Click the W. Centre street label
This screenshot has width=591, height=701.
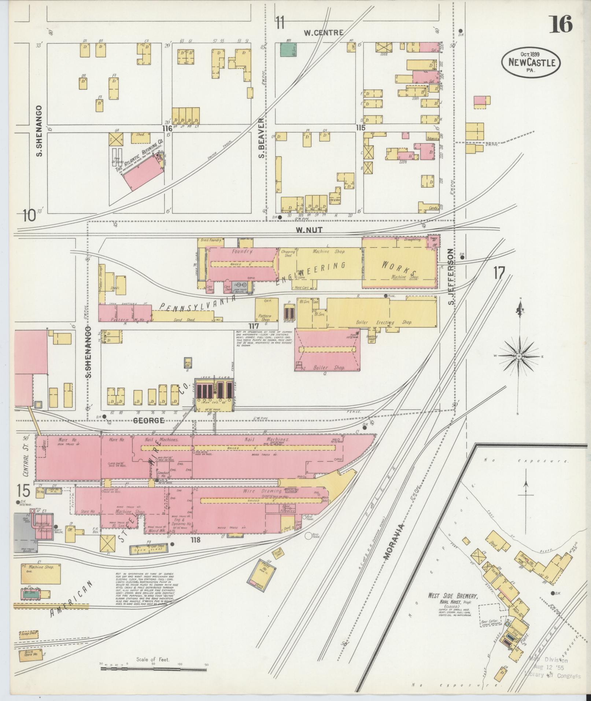(x=324, y=33)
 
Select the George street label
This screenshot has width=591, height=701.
(x=148, y=421)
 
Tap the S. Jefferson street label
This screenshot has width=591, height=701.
(x=451, y=277)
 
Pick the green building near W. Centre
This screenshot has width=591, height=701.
(x=288, y=49)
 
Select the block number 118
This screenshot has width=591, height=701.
(x=195, y=539)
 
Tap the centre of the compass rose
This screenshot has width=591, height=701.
(x=519, y=356)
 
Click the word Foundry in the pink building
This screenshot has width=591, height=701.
(x=240, y=252)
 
